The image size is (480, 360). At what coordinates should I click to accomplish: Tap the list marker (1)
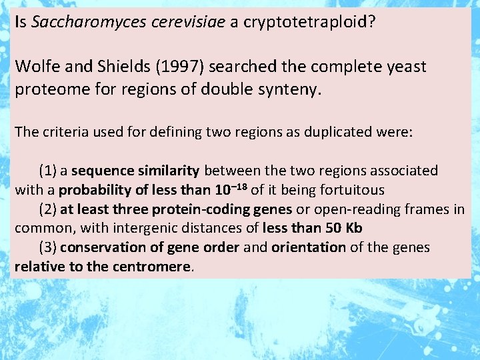point(47,171)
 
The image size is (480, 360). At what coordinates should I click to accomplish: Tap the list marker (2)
point(47,209)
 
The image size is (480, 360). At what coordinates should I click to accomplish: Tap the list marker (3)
point(47,247)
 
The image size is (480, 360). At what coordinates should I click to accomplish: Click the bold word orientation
point(309,247)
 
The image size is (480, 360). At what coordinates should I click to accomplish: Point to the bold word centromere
point(157,267)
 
